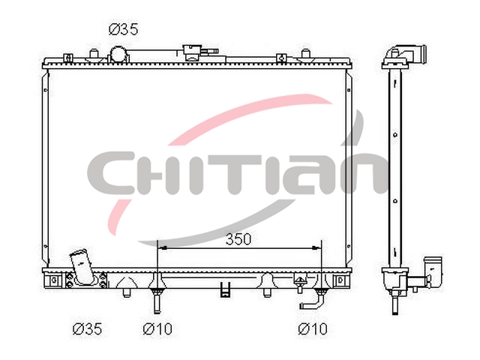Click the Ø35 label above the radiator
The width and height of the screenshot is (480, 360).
(x=123, y=29)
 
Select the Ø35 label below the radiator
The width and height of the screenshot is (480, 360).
(x=87, y=328)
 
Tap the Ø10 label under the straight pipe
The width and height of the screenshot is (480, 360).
(x=157, y=328)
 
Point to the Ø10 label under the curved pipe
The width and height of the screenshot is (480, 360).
(x=313, y=328)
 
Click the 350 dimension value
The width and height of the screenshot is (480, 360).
(x=238, y=238)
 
